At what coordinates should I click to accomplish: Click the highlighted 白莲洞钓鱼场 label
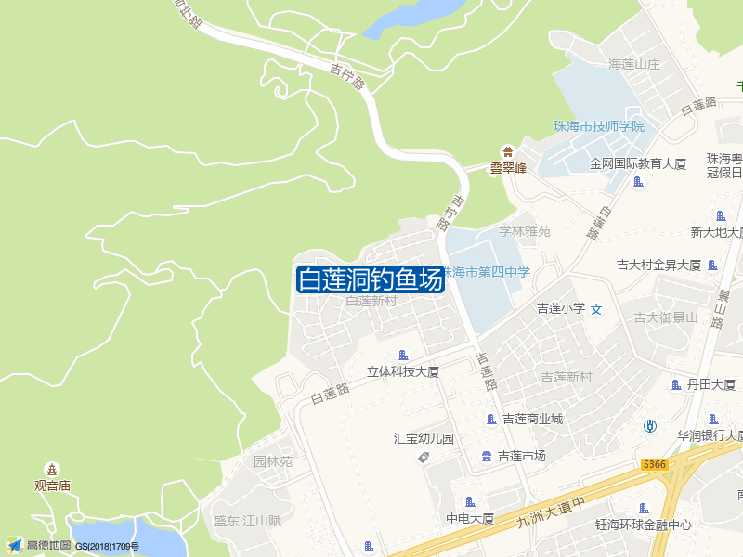[x=370, y=279]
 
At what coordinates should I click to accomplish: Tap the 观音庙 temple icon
[x=53, y=469]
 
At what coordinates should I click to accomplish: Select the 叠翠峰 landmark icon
[x=508, y=151]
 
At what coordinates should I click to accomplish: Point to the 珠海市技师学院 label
[x=598, y=126]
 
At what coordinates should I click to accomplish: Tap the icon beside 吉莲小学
[x=597, y=308]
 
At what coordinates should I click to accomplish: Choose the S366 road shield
[x=655, y=464]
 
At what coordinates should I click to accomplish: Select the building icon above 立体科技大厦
[x=402, y=355]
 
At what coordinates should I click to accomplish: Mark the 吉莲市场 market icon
[x=486, y=456]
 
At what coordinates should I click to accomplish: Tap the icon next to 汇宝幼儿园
[x=424, y=457]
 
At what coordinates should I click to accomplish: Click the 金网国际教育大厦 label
[x=637, y=163]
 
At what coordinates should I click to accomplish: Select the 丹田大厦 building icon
[x=675, y=384]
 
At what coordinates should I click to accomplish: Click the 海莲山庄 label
[x=633, y=65]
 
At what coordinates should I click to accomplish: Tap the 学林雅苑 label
[x=525, y=231]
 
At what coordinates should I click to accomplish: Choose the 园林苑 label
[x=273, y=461]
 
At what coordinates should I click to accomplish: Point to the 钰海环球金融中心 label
[x=644, y=525]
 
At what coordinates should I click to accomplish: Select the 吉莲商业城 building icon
[x=491, y=420]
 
